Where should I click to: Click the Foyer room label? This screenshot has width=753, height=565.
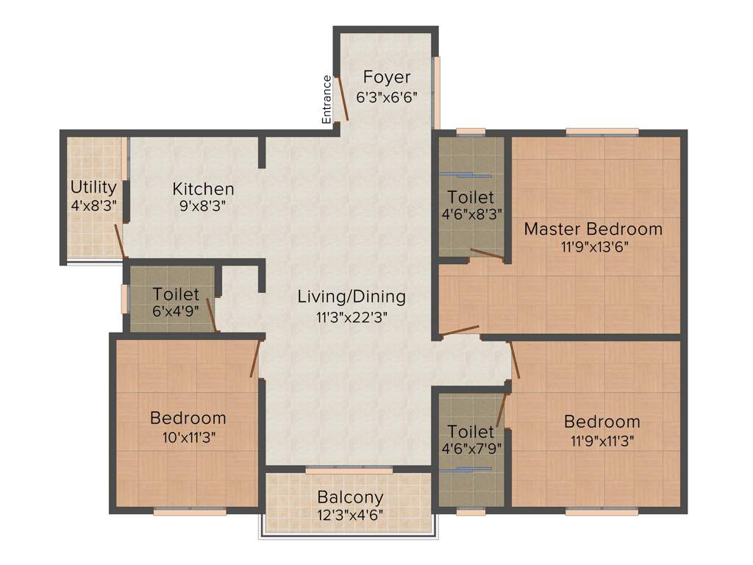tap(387, 77)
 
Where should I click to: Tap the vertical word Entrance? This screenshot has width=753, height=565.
tap(326, 99)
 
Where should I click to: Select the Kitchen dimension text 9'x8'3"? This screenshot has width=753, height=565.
tap(203, 206)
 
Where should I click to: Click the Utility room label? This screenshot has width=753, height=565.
tap(93, 186)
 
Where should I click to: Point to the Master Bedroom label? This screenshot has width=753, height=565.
tap(593, 229)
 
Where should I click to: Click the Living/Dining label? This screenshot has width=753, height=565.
tap(351, 296)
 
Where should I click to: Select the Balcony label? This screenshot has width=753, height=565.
tap(350, 497)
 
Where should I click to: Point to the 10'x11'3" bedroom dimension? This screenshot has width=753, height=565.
tap(188, 436)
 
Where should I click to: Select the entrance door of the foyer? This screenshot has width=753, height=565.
tap(341, 98)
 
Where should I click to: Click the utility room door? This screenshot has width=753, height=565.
tap(119, 241)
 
